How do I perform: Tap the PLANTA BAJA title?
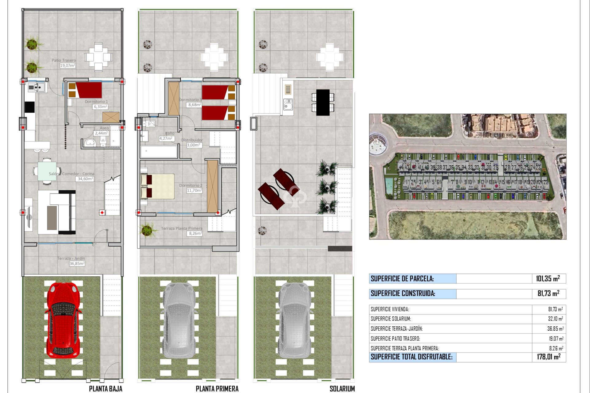105,389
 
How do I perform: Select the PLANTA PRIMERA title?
217,389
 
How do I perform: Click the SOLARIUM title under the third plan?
342,389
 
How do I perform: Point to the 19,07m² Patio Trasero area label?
68,65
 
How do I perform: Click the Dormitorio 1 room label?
96,102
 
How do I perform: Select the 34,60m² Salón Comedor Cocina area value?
85,179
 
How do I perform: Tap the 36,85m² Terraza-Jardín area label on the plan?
77,263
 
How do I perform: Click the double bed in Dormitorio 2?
158,186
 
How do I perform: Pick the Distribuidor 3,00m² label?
192,142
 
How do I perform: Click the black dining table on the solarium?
323,102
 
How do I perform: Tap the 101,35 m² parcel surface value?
548,278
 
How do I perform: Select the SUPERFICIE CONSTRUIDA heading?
403,294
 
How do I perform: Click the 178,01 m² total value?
549,357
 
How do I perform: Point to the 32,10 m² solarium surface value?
555,319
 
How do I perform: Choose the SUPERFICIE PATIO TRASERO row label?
395,339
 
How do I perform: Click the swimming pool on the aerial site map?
389,185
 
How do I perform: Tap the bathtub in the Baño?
159,152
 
